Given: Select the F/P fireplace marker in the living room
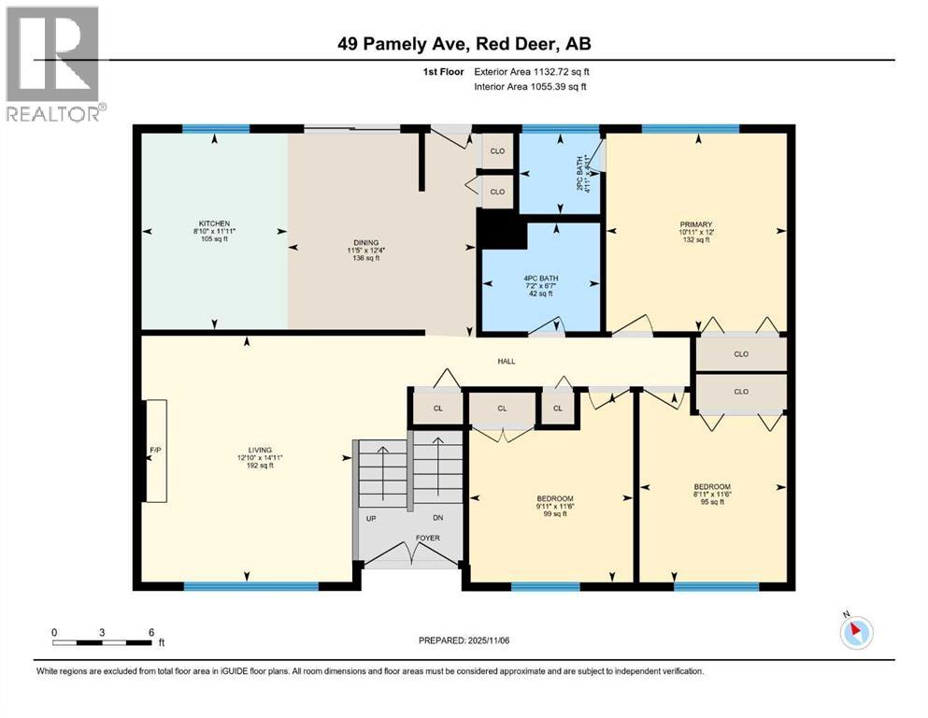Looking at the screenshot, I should tap(155, 451).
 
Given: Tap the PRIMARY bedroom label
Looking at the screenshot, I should tap(696, 224).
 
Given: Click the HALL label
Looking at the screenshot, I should tap(506, 361).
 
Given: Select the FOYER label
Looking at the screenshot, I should tap(411, 539).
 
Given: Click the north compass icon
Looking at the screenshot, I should tap(856, 633).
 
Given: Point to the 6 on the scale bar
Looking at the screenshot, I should tap(151, 631).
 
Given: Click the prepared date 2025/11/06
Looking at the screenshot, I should tap(464, 640).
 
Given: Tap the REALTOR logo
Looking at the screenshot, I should tap(52, 63).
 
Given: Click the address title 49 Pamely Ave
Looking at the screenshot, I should tap(464, 43).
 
